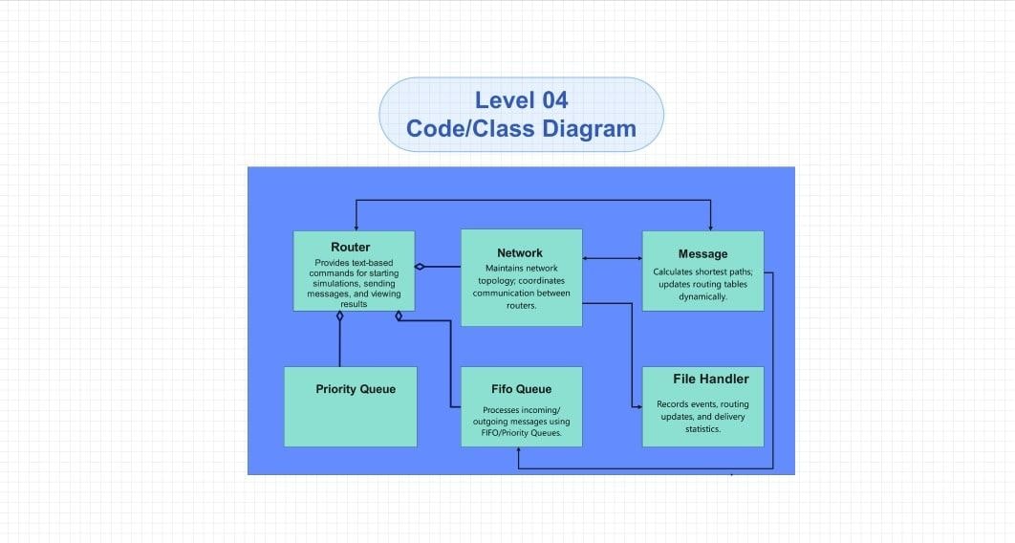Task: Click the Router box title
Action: [350, 247]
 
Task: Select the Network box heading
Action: [520, 252]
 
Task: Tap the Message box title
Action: [702, 253]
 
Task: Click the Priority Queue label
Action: [356, 389]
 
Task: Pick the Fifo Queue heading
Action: [521, 389]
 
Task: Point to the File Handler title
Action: [710, 379]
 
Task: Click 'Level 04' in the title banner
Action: [521, 99]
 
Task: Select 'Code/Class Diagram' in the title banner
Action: [521, 128]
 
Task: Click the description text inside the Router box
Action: [354, 283]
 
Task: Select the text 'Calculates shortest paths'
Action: [702, 271]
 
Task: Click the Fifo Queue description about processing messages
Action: [521, 422]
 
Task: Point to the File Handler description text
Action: [702, 417]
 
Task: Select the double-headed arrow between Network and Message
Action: [612, 258]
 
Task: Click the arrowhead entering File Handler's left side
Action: [638, 406]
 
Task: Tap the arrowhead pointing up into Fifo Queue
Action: [518, 451]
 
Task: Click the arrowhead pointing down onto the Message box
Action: [710, 227]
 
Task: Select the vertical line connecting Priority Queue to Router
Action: [340, 344]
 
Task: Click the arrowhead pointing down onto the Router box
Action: [356, 227]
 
